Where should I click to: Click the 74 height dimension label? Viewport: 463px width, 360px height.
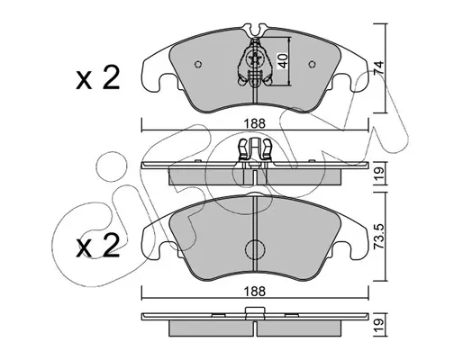[x=379, y=67]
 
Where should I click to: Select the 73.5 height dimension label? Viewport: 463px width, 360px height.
[x=379, y=237]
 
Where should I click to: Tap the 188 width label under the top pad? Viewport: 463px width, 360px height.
[x=255, y=123]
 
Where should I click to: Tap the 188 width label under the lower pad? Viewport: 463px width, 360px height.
[x=255, y=292]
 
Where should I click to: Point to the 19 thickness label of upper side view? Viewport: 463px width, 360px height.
[x=379, y=174]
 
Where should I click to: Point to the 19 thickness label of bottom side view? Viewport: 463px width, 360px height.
[x=379, y=324]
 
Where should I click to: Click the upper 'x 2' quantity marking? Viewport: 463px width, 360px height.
[x=97, y=78]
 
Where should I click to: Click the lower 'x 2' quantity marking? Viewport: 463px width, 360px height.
[x=97, y=246]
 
